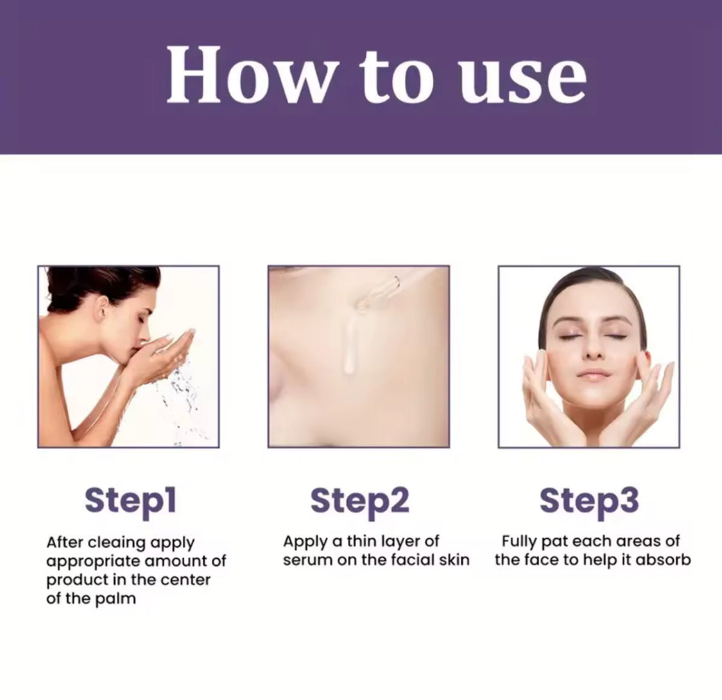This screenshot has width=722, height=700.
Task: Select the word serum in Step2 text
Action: click(x=307, y=561)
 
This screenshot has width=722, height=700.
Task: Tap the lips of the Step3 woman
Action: click(x=592, y=373)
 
